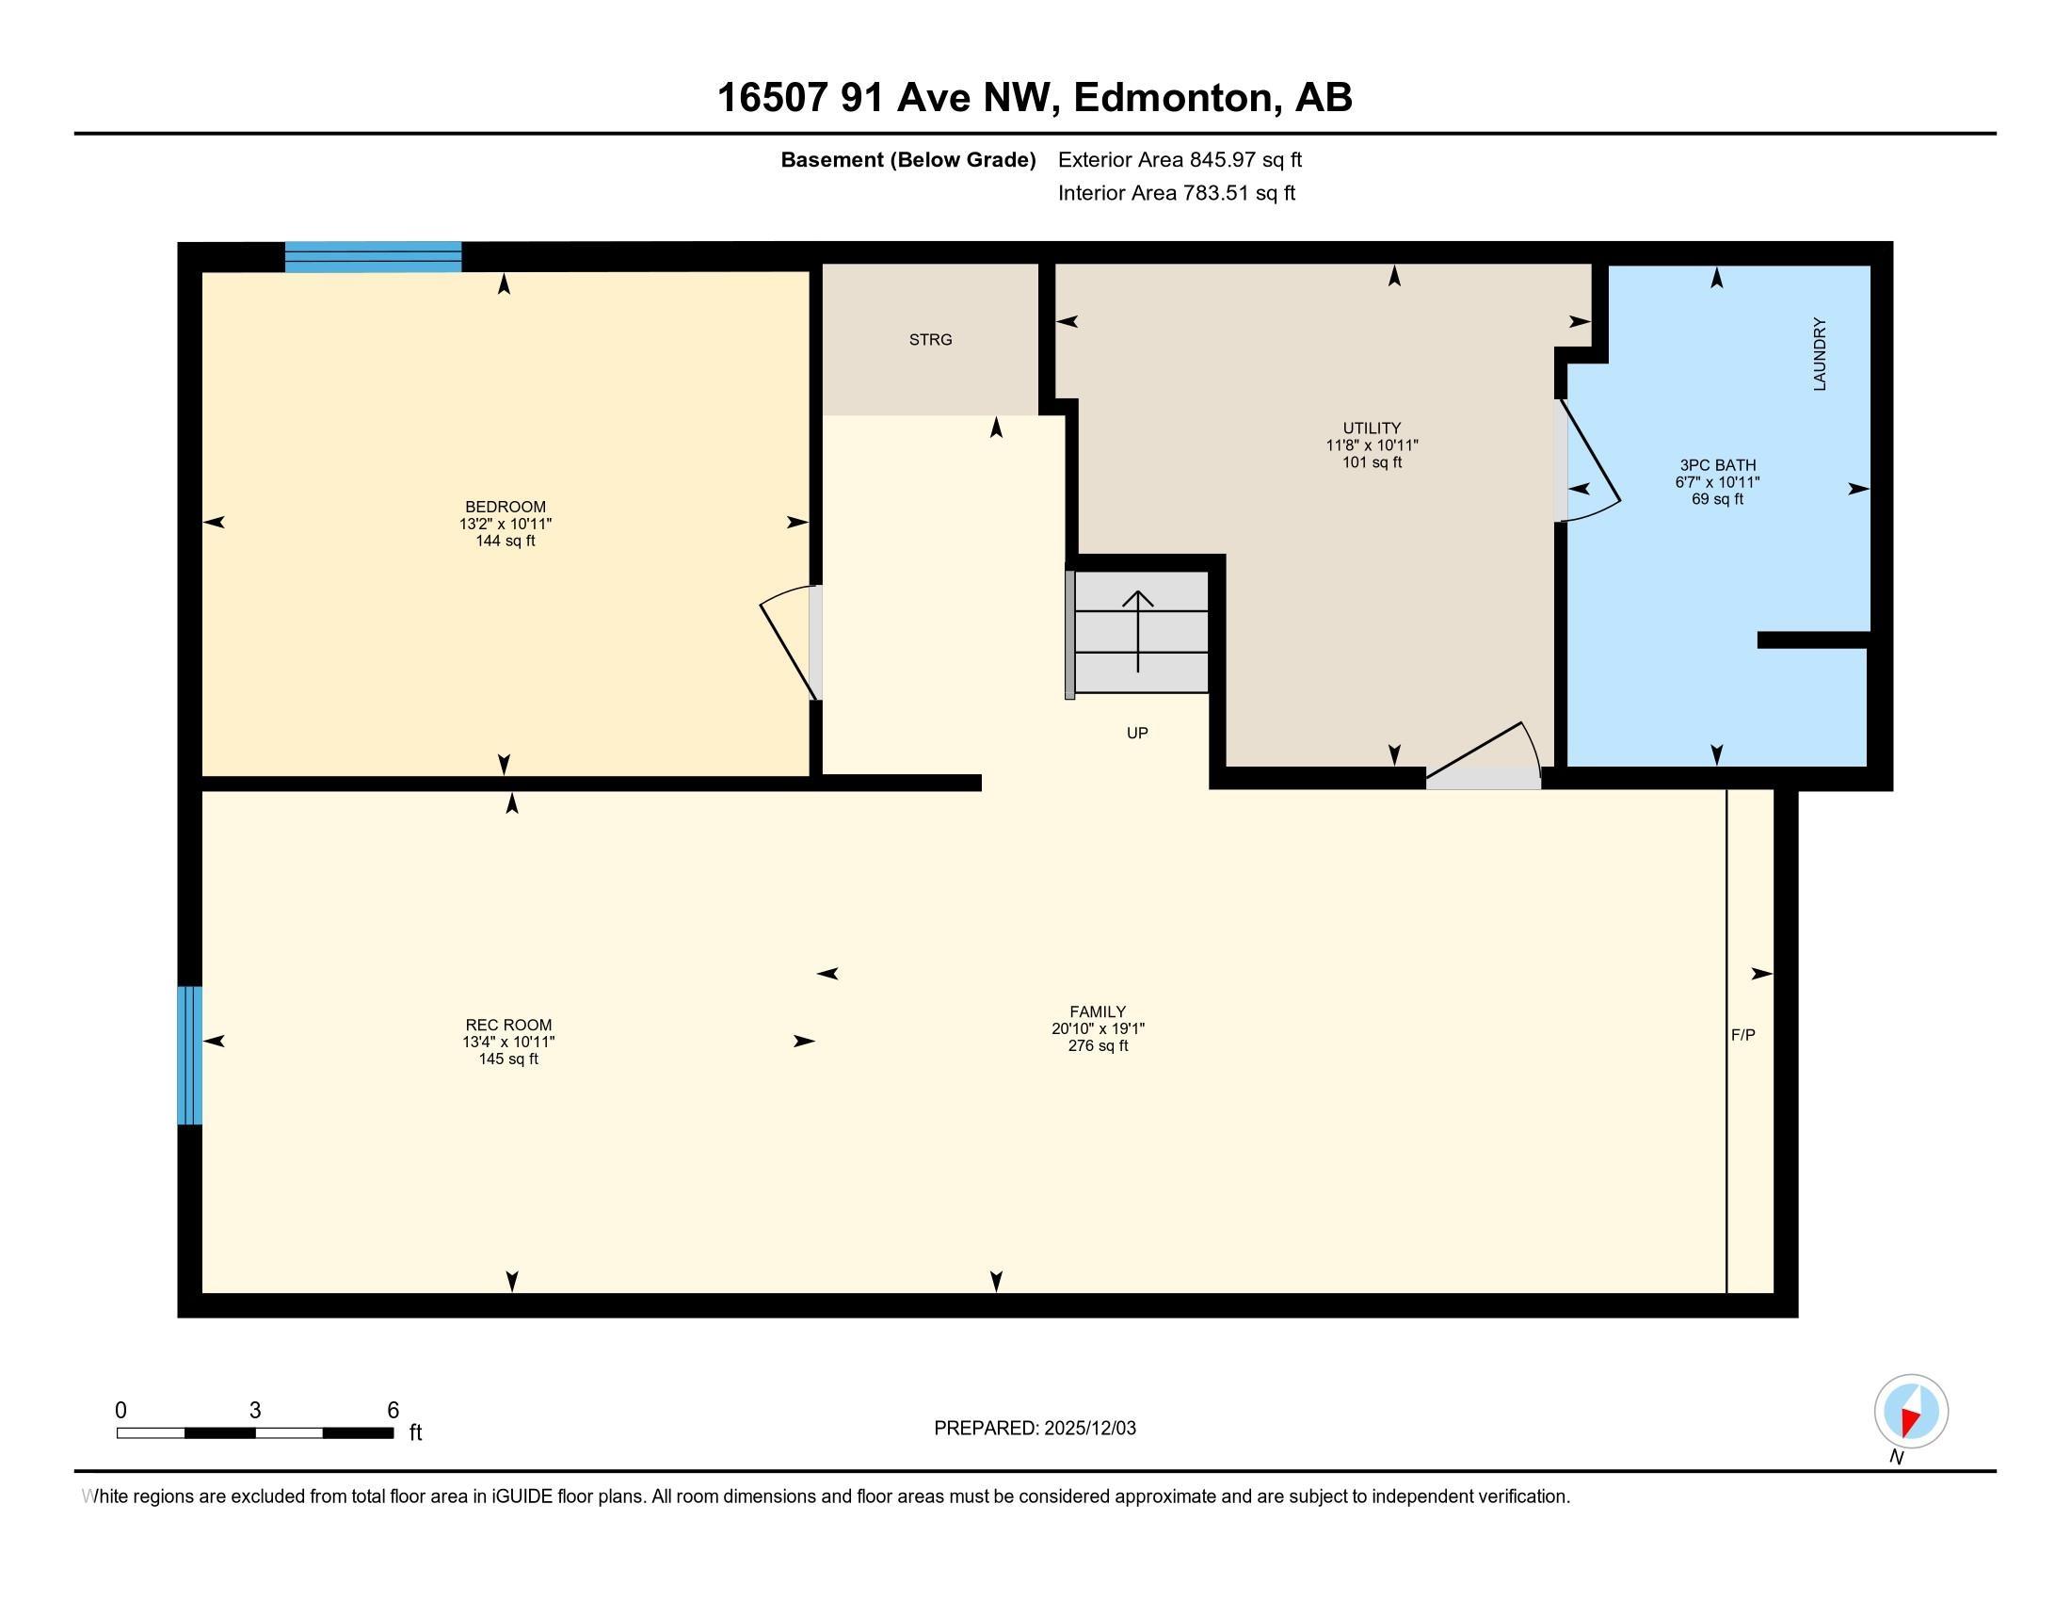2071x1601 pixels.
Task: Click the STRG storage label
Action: (x=930, y=340)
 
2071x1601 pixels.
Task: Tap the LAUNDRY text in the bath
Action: (x=1820, y=354)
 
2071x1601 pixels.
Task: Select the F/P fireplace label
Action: (x=1742, y=1035)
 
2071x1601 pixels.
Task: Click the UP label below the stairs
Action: (x=1137, y=732)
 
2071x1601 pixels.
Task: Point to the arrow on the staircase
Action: (x=1138, y=631)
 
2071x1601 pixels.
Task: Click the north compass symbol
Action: (x=1911, y=1411)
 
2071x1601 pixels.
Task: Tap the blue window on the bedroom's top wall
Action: (x=373, y=257)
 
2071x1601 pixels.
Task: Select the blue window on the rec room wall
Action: (x=189, y=1055)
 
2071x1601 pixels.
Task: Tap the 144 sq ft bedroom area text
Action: (x=506, y=541)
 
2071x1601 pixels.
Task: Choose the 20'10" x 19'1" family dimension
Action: (x=1098, y=1028)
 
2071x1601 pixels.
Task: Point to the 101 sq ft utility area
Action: (x=1373, y=461)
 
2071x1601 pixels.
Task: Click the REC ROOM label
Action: (x=508, y=1025)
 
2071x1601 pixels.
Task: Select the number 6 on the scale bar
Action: (x=393, y=1411)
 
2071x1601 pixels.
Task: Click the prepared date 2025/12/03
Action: (x=1089, y=1428)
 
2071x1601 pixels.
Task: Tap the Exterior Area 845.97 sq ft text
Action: (x=1180, y=159)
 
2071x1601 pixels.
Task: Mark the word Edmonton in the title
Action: (x=1173, y=98)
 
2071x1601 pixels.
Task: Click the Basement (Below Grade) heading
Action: (x=907, y=159)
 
